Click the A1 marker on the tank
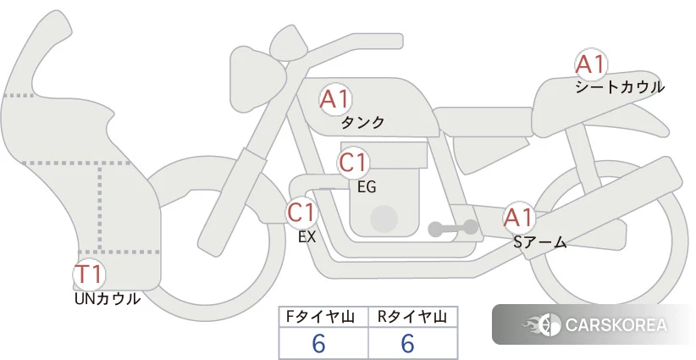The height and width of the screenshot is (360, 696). click(x=335, y=99)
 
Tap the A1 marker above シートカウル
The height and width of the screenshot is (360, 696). click(x=591, y=64)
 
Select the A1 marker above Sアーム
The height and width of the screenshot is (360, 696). click(x=518, y=218)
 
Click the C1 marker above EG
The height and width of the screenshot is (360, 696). click(x=353, y=163)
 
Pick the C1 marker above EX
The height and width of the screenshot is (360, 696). click(x=301, y=212)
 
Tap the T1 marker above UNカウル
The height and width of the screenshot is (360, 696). click(x=89, y=274)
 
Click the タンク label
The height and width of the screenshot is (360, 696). click(x=362, y=123)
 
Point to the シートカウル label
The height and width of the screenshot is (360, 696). click(x=620, y=87)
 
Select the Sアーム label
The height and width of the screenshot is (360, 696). click(x=539, y=242)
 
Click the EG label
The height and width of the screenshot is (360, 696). click(x=367, y=187)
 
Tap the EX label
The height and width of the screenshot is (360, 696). click(x=307, y=237)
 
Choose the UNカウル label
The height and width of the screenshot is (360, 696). click(x=108, y=299)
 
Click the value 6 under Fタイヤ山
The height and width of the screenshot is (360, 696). click(x=318, y=343)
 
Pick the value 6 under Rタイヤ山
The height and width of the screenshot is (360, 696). click(x=407, y=343)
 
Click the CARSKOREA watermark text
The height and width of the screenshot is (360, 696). click(x=616, y=324)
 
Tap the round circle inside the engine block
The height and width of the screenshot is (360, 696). click(x=384, y=219)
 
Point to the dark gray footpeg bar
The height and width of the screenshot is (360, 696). click(x=453, y=228)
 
